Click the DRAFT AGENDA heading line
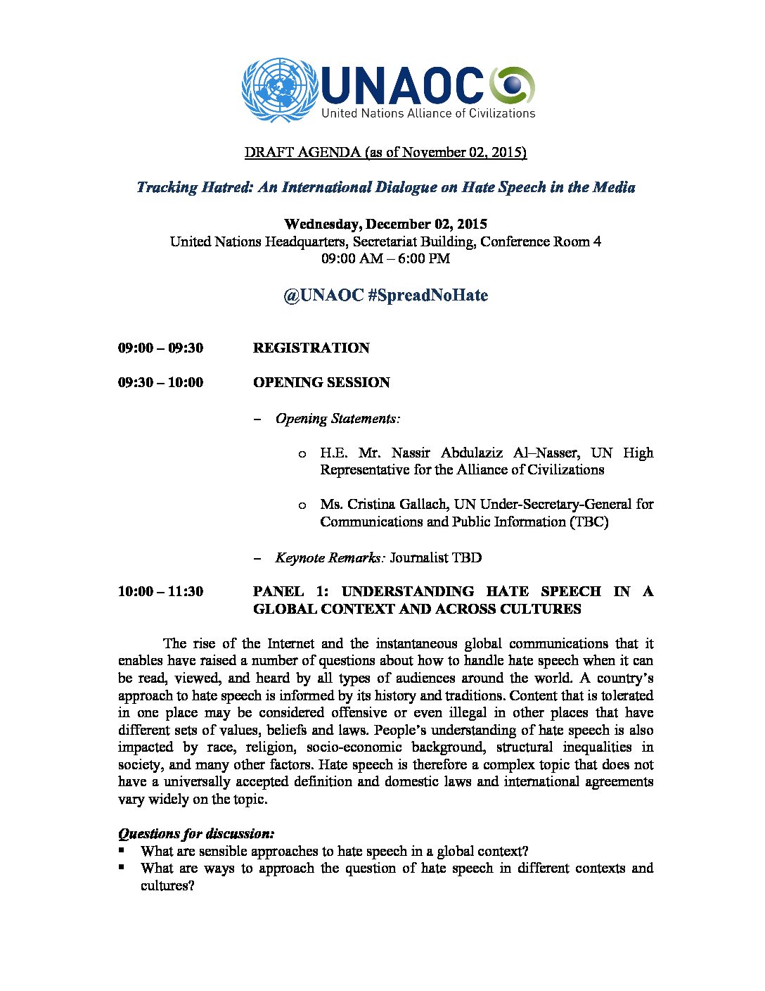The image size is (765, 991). point(385,152)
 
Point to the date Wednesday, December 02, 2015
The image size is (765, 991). point(385,225)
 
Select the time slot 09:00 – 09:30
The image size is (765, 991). point(160,348)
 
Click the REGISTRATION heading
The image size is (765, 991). point(311,348)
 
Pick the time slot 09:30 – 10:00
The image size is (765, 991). point(160,382)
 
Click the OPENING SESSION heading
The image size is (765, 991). point(321,382)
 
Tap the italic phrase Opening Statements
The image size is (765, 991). point(337,419)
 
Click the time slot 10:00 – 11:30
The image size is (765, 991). point(160,591)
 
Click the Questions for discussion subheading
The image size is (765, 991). point(196,834)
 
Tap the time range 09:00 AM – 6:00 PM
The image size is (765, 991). point(385,258)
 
